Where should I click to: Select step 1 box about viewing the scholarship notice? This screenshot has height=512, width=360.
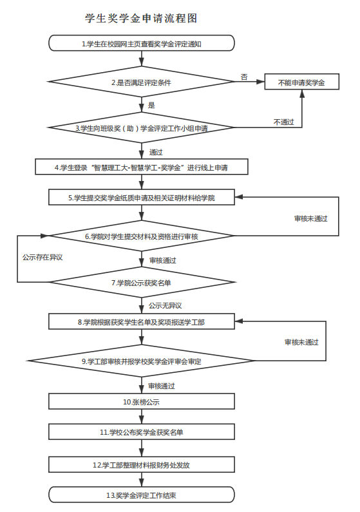140,44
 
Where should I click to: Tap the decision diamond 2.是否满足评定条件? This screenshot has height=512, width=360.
140,82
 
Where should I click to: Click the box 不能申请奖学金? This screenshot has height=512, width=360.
301,82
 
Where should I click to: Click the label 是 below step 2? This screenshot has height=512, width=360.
151,105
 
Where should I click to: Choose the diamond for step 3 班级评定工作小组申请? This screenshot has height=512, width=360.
140,128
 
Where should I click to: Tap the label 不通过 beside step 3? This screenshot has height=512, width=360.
283,122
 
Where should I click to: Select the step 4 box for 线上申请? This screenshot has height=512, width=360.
142,167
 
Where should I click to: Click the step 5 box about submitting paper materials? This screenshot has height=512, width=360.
142,198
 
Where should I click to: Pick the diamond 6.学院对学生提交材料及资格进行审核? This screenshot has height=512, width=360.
142,237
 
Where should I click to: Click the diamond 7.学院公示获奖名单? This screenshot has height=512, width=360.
142,282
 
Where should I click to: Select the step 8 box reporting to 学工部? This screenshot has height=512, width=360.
142,321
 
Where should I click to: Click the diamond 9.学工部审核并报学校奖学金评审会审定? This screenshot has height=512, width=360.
142,361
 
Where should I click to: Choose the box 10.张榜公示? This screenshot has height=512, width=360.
142,401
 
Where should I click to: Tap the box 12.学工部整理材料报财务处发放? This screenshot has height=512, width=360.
142,464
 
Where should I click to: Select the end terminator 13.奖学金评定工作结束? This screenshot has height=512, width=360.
142,495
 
